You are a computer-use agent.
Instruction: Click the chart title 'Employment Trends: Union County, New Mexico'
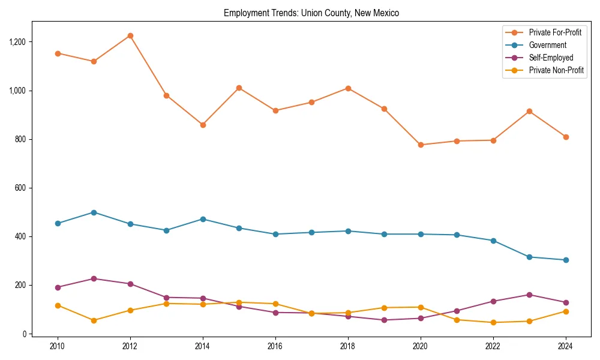311,13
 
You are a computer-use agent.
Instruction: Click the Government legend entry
547,45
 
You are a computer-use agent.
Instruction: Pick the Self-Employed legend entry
551,58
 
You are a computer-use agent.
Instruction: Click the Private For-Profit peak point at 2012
130,35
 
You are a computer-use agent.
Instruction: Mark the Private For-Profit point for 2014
203,125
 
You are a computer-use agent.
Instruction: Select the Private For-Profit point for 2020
421,145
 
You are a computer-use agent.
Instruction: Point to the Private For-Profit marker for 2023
529,111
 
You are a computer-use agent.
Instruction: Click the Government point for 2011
94,212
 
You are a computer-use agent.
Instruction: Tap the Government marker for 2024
566,260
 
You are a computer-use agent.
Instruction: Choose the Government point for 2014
203,219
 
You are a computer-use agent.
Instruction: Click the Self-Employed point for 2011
94,278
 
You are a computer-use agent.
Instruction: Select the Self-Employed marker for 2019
384,320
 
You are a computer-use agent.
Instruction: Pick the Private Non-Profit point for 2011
94,320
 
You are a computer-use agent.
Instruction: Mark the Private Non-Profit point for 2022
493,322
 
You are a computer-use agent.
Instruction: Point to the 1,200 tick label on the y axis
17,42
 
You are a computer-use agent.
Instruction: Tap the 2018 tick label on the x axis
348,346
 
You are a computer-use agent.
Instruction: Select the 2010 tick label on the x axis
58,346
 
